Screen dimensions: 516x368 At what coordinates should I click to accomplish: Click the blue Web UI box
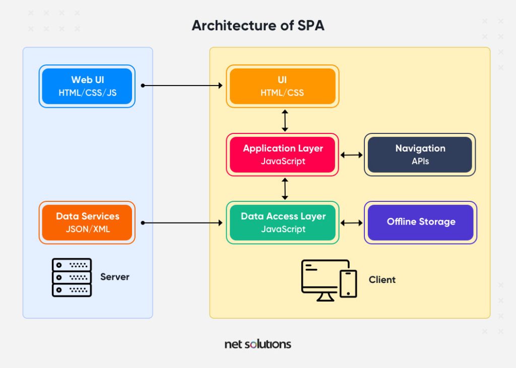click(x=87, y=86)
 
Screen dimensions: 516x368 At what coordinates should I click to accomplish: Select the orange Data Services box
click(x=87, y=223)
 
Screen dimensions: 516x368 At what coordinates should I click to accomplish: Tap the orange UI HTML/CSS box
click(x=282, y=86)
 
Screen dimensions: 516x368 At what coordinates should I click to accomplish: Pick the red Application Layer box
click(x=282, y=155)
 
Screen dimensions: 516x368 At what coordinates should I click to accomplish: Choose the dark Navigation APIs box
click(x=420, y=155)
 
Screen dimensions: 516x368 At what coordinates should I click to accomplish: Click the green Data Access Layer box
click(x=282, y=223)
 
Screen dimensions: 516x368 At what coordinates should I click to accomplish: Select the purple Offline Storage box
click(x=420, y=223)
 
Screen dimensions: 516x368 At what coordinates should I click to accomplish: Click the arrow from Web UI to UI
click(x=181, y=86)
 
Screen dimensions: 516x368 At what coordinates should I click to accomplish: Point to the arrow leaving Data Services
click(x=181, y=223)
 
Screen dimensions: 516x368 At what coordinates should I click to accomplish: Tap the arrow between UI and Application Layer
click(x=285, y=121)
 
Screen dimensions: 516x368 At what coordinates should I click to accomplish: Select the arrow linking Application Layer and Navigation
click(x=351, y=155)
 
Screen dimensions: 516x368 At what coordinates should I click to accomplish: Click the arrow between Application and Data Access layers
click(x=285, y=189)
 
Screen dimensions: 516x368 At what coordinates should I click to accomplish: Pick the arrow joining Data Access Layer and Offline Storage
click(x=351, y=223)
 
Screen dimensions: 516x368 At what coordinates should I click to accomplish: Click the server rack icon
click(x=72, y=277)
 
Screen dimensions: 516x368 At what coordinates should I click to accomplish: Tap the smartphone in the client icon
click(x=348, y=284)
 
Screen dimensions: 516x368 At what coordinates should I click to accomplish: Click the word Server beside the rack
click(x=115, y=277)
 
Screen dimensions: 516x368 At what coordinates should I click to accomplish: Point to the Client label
click(x=382, y=279)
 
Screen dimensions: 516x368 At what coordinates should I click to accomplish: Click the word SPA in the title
click(x=311, y=25)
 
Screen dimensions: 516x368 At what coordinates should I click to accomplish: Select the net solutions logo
click(x=257, y=344)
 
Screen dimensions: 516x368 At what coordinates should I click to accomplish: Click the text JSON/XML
click(x=88, y=229)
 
